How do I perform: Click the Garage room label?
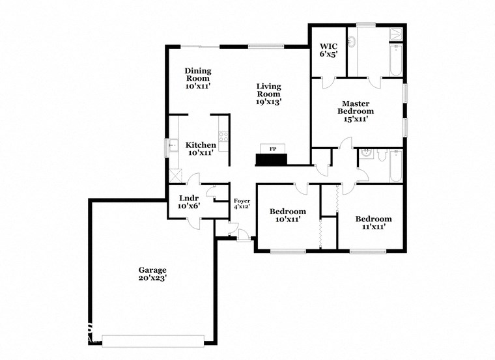pos(152,273)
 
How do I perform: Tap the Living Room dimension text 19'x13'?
pos(268,102)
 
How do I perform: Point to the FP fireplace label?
pos(273,148)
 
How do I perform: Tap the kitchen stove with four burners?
pos(223,137)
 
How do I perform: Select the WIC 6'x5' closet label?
pos(328,51)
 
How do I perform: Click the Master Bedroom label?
pos(356,111)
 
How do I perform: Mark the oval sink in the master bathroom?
pos(352,42)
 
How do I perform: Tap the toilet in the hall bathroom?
pos(382,155)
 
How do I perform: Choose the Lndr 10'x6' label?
pos(189,201)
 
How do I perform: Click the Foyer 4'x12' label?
pos(242,204)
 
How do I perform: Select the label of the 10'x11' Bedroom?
pos(287,215)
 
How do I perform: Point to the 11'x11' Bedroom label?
pos(373,223)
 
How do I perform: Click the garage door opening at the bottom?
pos(153,339)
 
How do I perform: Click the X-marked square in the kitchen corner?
pos(175,174)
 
